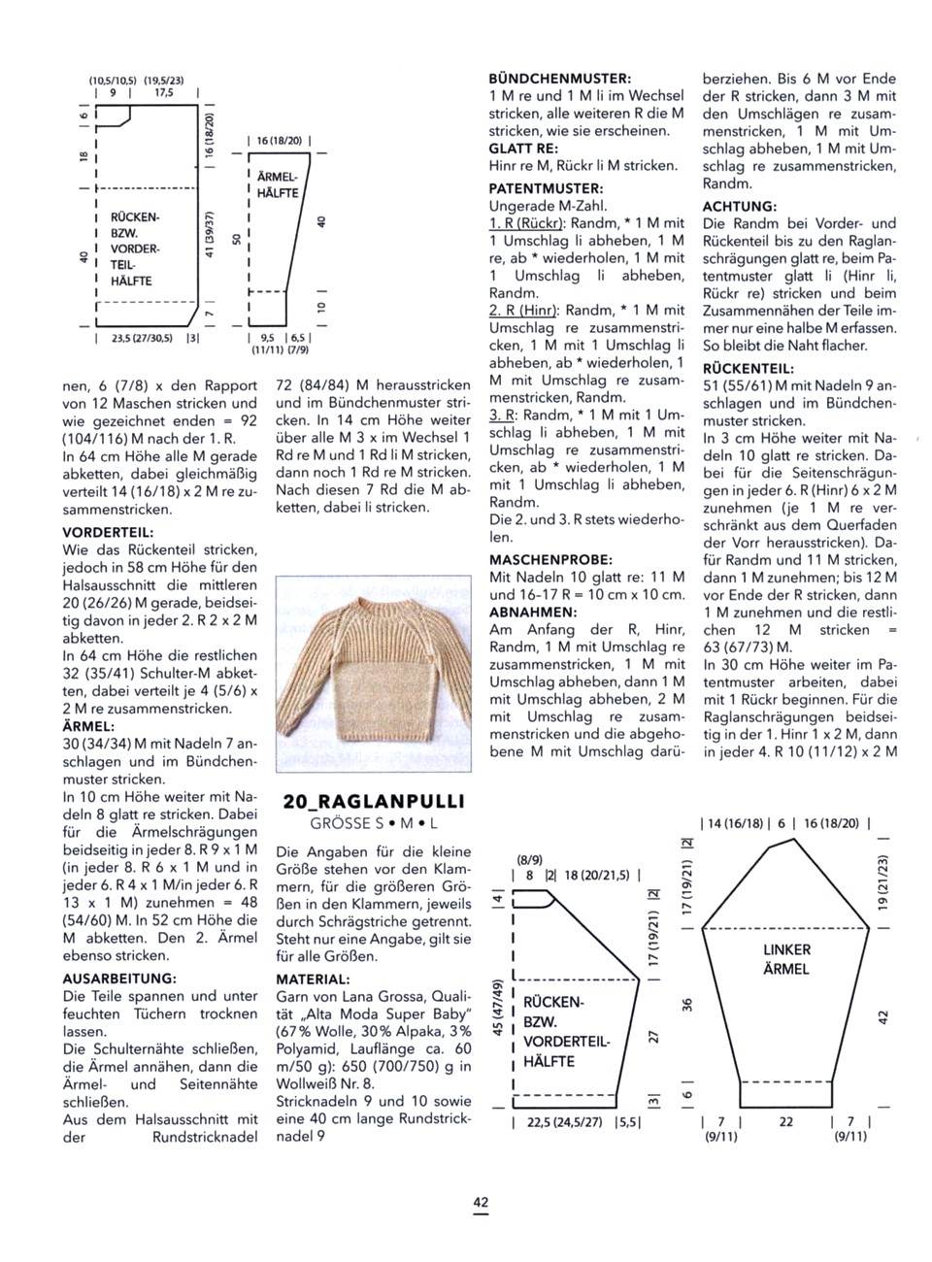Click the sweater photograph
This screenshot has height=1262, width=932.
(x=371, y=669)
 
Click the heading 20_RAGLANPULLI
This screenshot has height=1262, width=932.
(x=374, y=801)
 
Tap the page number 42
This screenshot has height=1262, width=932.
(x=481, y=1203)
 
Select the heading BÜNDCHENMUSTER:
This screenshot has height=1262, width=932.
(x=560, y=78)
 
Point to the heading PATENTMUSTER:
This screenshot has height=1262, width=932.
(x=547, y=188)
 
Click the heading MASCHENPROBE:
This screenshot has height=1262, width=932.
(x=550, y=560)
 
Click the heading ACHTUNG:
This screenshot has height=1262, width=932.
(x=739, y=207)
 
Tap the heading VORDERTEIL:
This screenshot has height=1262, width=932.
(x=109, y=532)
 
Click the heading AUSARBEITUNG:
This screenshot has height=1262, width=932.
(x=118, y=978)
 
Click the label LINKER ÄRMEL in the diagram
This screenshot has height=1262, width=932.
(x=786, y=958)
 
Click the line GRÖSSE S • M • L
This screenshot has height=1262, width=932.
(x=374, y=822)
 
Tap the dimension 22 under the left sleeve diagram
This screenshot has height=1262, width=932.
(x=785, y=1121)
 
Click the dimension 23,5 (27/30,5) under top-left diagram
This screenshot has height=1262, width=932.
(x=142, y=338)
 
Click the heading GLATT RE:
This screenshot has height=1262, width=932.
(x=522, y=148)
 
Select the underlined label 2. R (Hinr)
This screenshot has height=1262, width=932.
(x=523, y=310)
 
